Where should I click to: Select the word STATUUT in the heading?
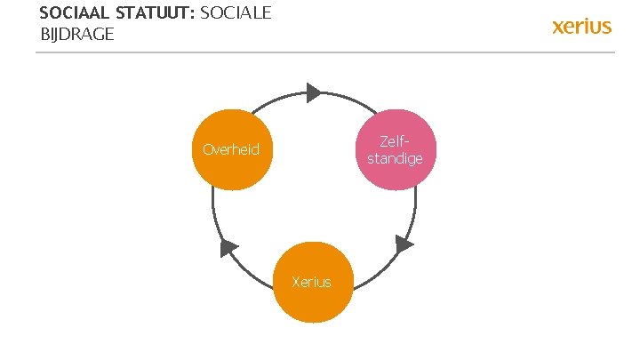pos(156,14)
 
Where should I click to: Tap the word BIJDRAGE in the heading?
pos(77,35)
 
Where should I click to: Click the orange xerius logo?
pos(582,25)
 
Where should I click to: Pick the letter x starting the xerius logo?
pos(559,26)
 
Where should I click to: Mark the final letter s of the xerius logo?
pos(607,26)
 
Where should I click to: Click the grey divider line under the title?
pos(324,52)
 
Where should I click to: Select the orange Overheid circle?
pos(231,149)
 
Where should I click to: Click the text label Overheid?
pos(231,149)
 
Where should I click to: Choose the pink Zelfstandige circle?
pos(395,149)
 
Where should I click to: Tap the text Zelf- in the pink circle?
pos(395,141)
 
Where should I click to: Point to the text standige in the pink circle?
pos(395,158)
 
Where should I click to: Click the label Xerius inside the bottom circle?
pos(312,283)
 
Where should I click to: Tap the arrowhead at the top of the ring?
pos(313,92)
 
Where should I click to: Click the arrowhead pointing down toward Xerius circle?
pos(404,244)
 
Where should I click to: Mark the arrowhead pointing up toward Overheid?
pos(229,248)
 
